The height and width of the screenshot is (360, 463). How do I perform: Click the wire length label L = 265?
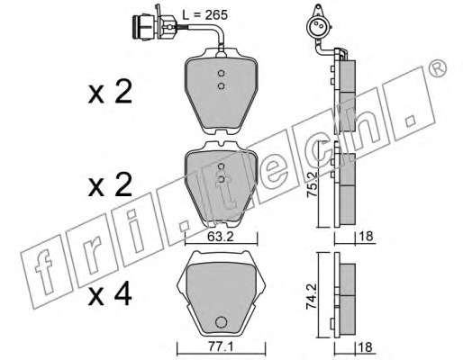click(205, 14)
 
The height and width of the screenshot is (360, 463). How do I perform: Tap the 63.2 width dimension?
click(221, 237)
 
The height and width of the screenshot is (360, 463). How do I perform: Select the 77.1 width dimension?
click(221, 347)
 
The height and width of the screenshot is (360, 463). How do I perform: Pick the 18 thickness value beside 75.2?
click(365, 237)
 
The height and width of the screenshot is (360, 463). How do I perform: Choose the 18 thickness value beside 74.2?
click(365, 347)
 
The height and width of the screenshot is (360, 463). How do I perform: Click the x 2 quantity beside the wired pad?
click(110, 92)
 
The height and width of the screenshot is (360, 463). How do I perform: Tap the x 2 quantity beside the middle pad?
click(110, 184)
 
